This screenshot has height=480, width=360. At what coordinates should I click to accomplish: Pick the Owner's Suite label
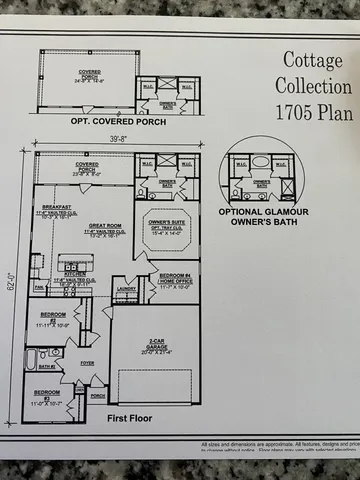tap(168, 224)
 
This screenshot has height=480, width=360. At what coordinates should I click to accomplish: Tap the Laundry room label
tap(127, 290)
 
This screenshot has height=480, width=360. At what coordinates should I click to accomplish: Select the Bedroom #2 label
tap(45, 319)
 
